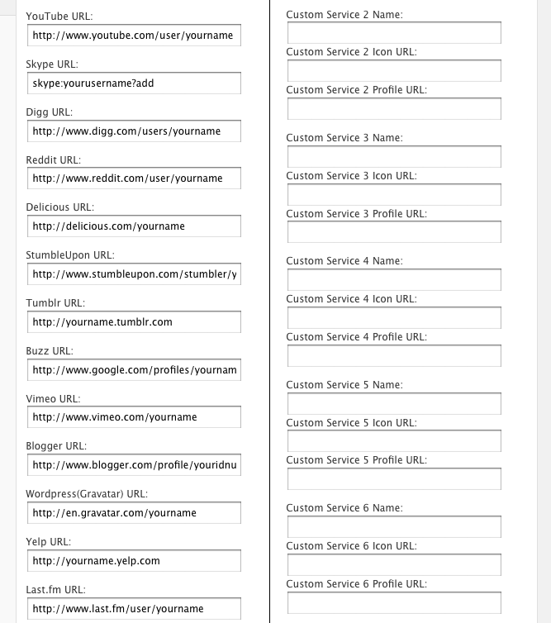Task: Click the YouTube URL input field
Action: [133, 36]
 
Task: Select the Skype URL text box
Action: [133, 83]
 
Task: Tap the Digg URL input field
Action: [133, 131]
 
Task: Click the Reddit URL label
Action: [54, 159]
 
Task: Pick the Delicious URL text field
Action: [133, 226]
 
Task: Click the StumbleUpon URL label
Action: [70, 255]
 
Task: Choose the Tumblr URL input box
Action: [133, 321]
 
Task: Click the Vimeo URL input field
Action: [133, 417]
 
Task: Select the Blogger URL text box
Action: [133, 465]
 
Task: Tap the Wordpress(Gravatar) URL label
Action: [87, 494]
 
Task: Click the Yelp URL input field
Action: [133, 561]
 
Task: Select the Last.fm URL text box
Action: [133, 609]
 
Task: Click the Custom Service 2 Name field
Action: [394, 33]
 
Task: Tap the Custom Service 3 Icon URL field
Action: [394, 194]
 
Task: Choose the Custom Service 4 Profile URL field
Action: [394, 355]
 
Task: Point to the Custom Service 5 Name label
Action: [344, 385]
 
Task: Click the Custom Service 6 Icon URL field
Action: [394, 565]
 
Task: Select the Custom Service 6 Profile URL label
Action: [356, 584]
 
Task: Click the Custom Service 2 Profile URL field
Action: [394, 109]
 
